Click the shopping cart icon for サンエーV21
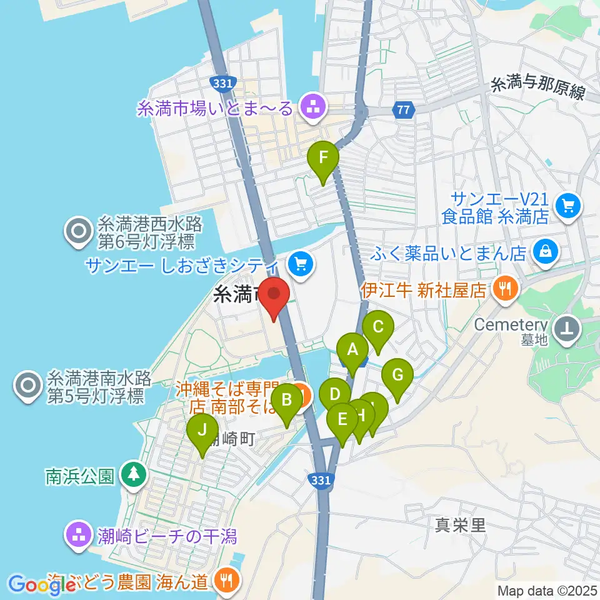568,206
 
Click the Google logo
40,584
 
